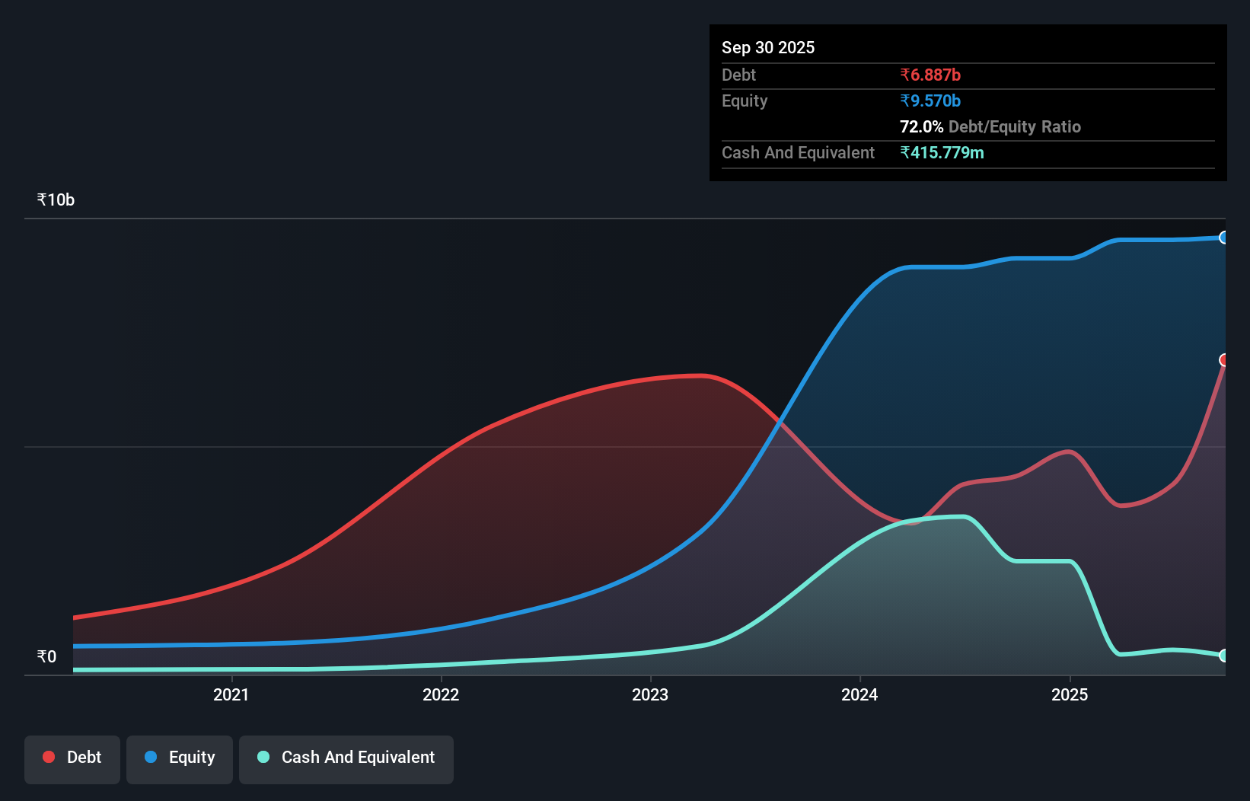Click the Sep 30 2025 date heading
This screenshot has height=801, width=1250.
click(767, 47)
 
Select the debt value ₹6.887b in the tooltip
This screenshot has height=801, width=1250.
click(930, 75)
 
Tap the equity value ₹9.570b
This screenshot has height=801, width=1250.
click(930, 101)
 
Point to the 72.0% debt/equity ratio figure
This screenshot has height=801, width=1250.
click(921, 126)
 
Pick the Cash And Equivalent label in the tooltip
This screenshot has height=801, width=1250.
click(798, 152)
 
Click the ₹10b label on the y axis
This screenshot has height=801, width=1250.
click(56, 199)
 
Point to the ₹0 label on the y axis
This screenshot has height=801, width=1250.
click(46, 656)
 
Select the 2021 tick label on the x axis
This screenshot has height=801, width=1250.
click(231, 694)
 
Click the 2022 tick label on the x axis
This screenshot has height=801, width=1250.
click(441, 694)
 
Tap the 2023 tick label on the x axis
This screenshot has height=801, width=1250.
click(650, 694)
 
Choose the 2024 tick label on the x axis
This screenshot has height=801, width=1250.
click(859, 694)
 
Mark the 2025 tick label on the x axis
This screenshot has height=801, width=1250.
click(1070, 694)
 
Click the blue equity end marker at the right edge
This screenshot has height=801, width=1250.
click(1223, 238)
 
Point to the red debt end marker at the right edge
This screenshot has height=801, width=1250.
click(1223, 360)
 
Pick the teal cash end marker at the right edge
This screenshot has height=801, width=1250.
click(1223, 656)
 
